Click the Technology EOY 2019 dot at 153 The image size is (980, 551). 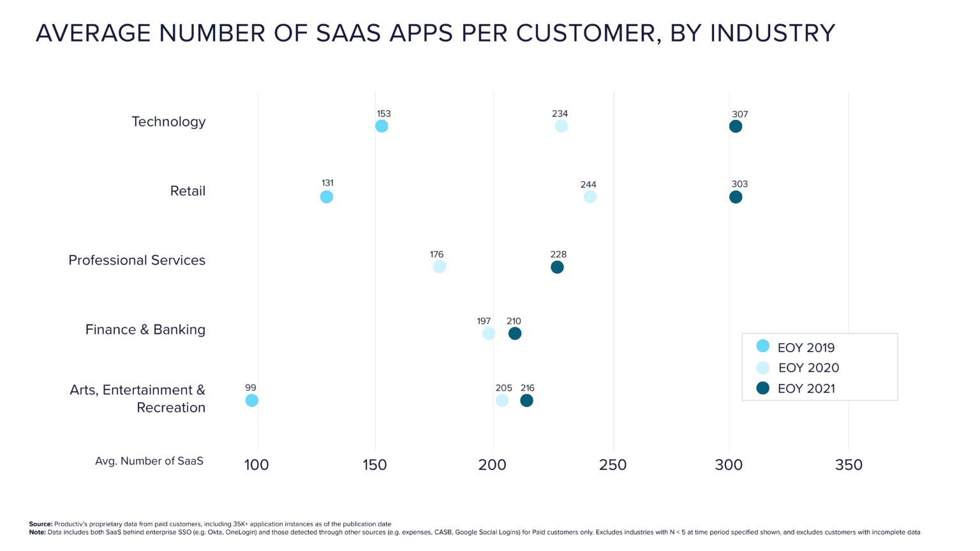pos(382,126)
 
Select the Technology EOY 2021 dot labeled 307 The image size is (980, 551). pos(736,126)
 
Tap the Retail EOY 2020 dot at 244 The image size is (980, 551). pos(590,196)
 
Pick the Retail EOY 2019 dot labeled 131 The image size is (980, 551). pos(327,197)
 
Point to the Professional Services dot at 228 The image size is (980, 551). pos(557,267)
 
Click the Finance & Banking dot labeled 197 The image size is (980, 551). pos(489,334)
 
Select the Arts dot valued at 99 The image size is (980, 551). pos(252,400)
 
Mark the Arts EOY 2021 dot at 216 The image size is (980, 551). pos(526,400)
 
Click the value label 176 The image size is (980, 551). pos(436,254)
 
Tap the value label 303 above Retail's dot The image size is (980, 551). pos(739,184)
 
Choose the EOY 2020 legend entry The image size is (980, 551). pos(808,368)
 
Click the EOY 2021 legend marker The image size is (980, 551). pos(763,388)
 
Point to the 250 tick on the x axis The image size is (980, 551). pos(612,465)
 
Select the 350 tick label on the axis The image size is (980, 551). pos(849,465)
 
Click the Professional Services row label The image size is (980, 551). pos(137,260)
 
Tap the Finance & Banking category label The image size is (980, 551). pos(145,330)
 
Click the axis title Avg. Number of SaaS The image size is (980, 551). pos(149,461)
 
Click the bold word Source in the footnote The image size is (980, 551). pos(40,524)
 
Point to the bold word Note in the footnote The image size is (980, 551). pos(37,532)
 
